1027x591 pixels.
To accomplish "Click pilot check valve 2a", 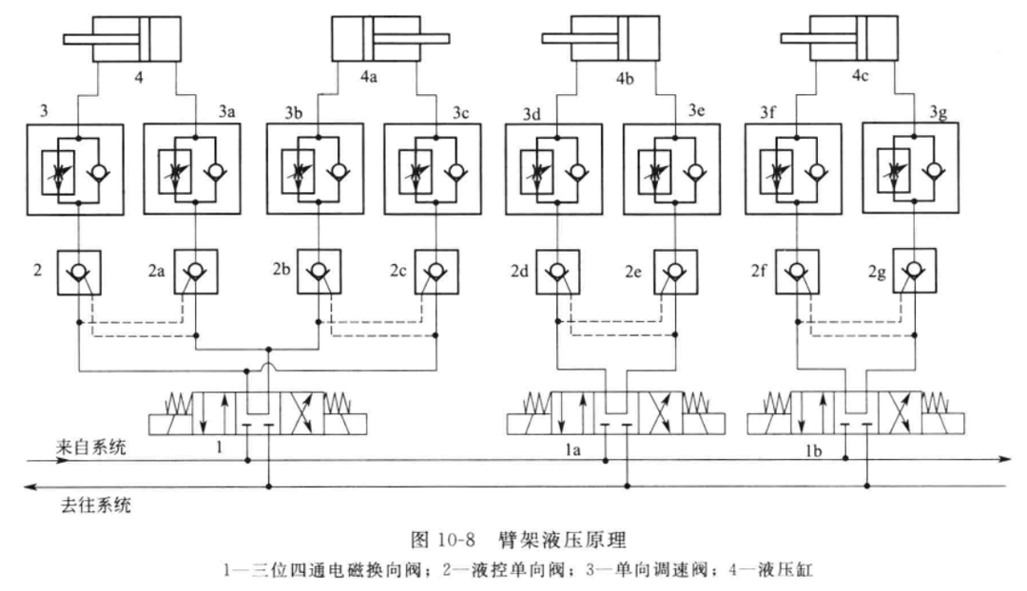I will [x=196, y=273].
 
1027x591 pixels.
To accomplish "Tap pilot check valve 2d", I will [x=554, y=273].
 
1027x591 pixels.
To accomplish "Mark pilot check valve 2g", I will [x=911, y=273].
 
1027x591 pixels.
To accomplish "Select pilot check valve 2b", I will [x=317, y=273].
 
